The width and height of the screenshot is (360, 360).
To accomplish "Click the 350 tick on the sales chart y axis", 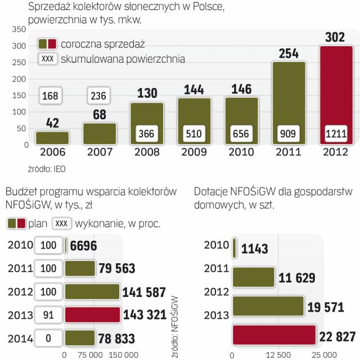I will (x=20, y=30).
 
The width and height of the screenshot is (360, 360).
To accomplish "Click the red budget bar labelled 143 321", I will (x=92, y=315).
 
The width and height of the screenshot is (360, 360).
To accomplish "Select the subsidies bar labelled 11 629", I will (x=253, y=276).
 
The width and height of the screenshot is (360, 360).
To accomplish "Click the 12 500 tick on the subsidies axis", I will (x=276, y=355).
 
